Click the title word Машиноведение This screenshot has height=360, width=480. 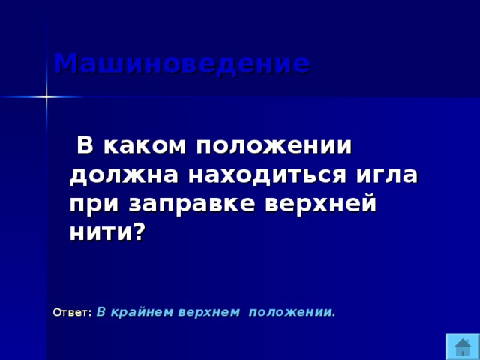pos(181,64)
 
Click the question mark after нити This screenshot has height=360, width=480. pos(136,232)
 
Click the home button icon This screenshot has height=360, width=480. pos(463,346)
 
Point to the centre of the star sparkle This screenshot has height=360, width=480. pos(46,97)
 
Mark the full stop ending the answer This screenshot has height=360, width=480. pos(334,314)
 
